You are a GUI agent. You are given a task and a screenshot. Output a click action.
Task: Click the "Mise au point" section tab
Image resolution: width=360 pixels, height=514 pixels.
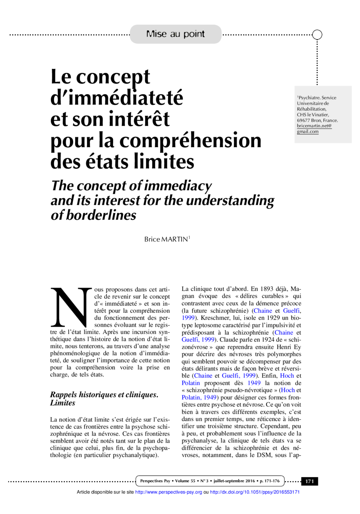[175, 34]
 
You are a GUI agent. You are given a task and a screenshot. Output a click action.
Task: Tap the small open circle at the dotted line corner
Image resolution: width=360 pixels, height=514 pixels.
[317, 35]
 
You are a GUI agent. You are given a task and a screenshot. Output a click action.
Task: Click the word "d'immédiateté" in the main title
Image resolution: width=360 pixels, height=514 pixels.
[117, 98]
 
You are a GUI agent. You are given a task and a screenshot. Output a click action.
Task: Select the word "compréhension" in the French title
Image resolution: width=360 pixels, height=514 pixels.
[190, 141]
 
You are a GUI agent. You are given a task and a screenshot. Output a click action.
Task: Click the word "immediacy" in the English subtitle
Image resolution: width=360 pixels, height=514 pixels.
[178, 186]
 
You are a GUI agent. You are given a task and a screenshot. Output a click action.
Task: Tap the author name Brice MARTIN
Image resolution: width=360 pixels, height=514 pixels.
[167, 239]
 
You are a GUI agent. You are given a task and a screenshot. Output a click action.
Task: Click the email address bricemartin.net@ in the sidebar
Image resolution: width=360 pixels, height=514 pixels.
[314, 126]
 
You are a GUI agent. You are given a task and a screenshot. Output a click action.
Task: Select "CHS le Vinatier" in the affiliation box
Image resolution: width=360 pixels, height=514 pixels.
[313, 115]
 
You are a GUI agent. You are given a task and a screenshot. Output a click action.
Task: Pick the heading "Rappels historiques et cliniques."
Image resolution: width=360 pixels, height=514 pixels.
[104, 395]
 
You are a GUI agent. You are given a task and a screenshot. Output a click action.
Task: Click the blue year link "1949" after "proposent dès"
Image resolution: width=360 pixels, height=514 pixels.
[254, 383]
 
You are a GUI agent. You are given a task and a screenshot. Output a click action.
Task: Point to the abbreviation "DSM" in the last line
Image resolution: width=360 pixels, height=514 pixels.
[264, 455]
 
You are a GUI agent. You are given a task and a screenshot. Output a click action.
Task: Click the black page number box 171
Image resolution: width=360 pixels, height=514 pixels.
[310, 481]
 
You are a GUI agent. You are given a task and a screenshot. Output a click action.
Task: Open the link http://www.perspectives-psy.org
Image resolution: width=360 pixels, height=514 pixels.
[169, 492]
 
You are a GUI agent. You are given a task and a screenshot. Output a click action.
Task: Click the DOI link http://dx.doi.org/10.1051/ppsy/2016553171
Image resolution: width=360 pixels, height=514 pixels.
[255, 492]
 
